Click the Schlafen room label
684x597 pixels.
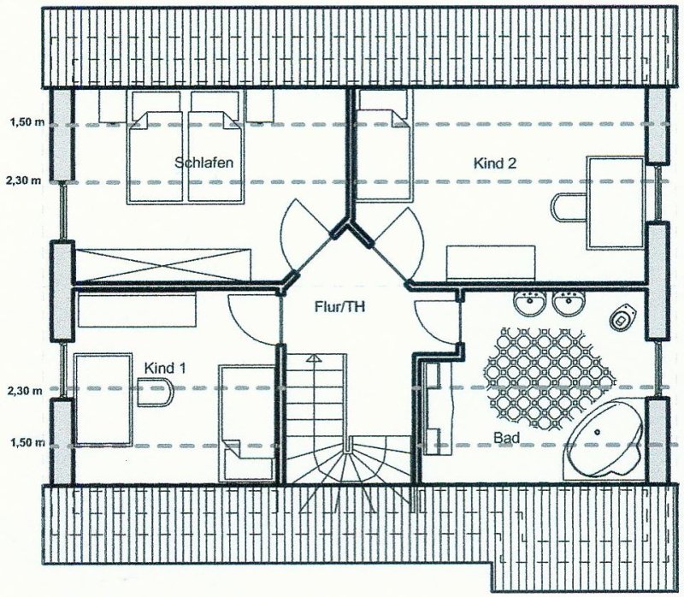click(203, 163)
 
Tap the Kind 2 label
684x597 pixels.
click(495, 163)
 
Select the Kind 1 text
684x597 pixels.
click(165, 369)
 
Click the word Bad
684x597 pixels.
click(506, 437)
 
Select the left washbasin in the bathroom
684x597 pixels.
click(529, 302)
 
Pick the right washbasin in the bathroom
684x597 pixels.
click(569, 302)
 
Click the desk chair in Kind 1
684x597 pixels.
click(156, 393)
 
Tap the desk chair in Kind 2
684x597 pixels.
click(569, 208)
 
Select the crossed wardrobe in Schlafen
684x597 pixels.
click(163, 265)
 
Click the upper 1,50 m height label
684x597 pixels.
click(27, 122)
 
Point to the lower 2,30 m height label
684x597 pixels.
click(25, 391)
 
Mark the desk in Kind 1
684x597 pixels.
click(103, 399)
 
